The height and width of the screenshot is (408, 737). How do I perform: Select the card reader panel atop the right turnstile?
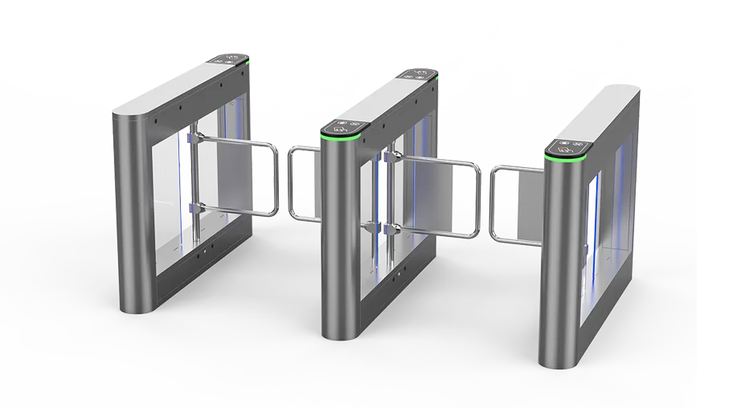(568, 147)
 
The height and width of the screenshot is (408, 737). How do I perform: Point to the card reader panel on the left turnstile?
(230, 58)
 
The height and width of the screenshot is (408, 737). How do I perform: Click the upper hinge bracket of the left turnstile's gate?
(192, 141)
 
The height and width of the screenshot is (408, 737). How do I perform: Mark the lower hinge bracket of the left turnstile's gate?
(192, 210)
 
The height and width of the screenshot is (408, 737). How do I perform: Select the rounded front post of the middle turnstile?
(338, 241)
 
